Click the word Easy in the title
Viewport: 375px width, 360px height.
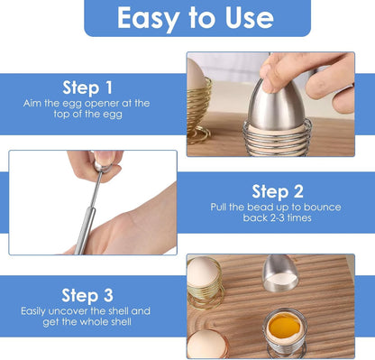coord(145,17)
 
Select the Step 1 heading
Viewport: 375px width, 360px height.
coord(87,88)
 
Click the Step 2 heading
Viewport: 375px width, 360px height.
coord(277,190)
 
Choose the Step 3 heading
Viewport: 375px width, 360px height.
coord(87,294)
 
